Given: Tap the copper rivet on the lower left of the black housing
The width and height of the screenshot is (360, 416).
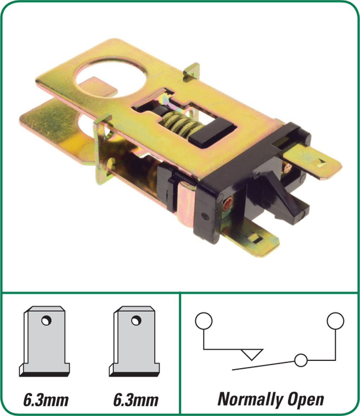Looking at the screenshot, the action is coord(227,205).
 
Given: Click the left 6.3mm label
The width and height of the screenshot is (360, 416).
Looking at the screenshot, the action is coord(46,400).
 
